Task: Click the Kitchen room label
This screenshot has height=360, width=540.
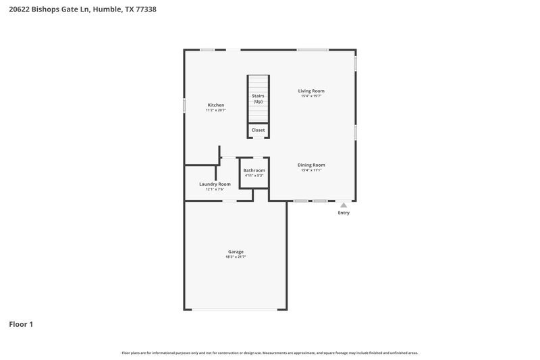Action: click(x=216, y=105)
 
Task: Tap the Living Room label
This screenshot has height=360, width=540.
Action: click(x=311, y=91)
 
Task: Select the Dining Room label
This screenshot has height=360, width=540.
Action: click(x=311, y=165)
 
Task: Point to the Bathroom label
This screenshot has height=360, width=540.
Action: click(x=254, y=170)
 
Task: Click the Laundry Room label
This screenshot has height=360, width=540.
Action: click(x=215, y=184)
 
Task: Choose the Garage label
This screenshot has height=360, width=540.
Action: click(x=236, y=252)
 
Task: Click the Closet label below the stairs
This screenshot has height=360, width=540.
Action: click(x=258, y=130)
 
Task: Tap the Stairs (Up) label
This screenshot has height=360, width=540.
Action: click(x=258, y=99)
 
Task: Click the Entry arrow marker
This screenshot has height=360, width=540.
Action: click(x=344, y=204)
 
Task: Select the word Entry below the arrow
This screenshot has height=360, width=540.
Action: click(x=344, y=213)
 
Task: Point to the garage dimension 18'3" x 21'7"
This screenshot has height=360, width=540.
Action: click(x=236, y=257)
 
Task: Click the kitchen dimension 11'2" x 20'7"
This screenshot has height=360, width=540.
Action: click(x=216, y=110)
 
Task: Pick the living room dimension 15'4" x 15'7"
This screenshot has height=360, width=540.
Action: click(x=311, y=96)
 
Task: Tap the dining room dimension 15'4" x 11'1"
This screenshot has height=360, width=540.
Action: click(x=311, y=170)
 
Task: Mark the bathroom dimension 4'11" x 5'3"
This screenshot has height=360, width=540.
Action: click(x=254, y=176)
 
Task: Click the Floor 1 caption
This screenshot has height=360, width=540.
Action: click(x=21, y=324)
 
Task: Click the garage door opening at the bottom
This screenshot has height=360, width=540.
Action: click(x=235, y=309)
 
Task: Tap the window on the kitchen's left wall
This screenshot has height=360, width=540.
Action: click(x=184, y=106)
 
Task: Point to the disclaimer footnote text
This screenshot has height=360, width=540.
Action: click(x=270, y=353)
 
